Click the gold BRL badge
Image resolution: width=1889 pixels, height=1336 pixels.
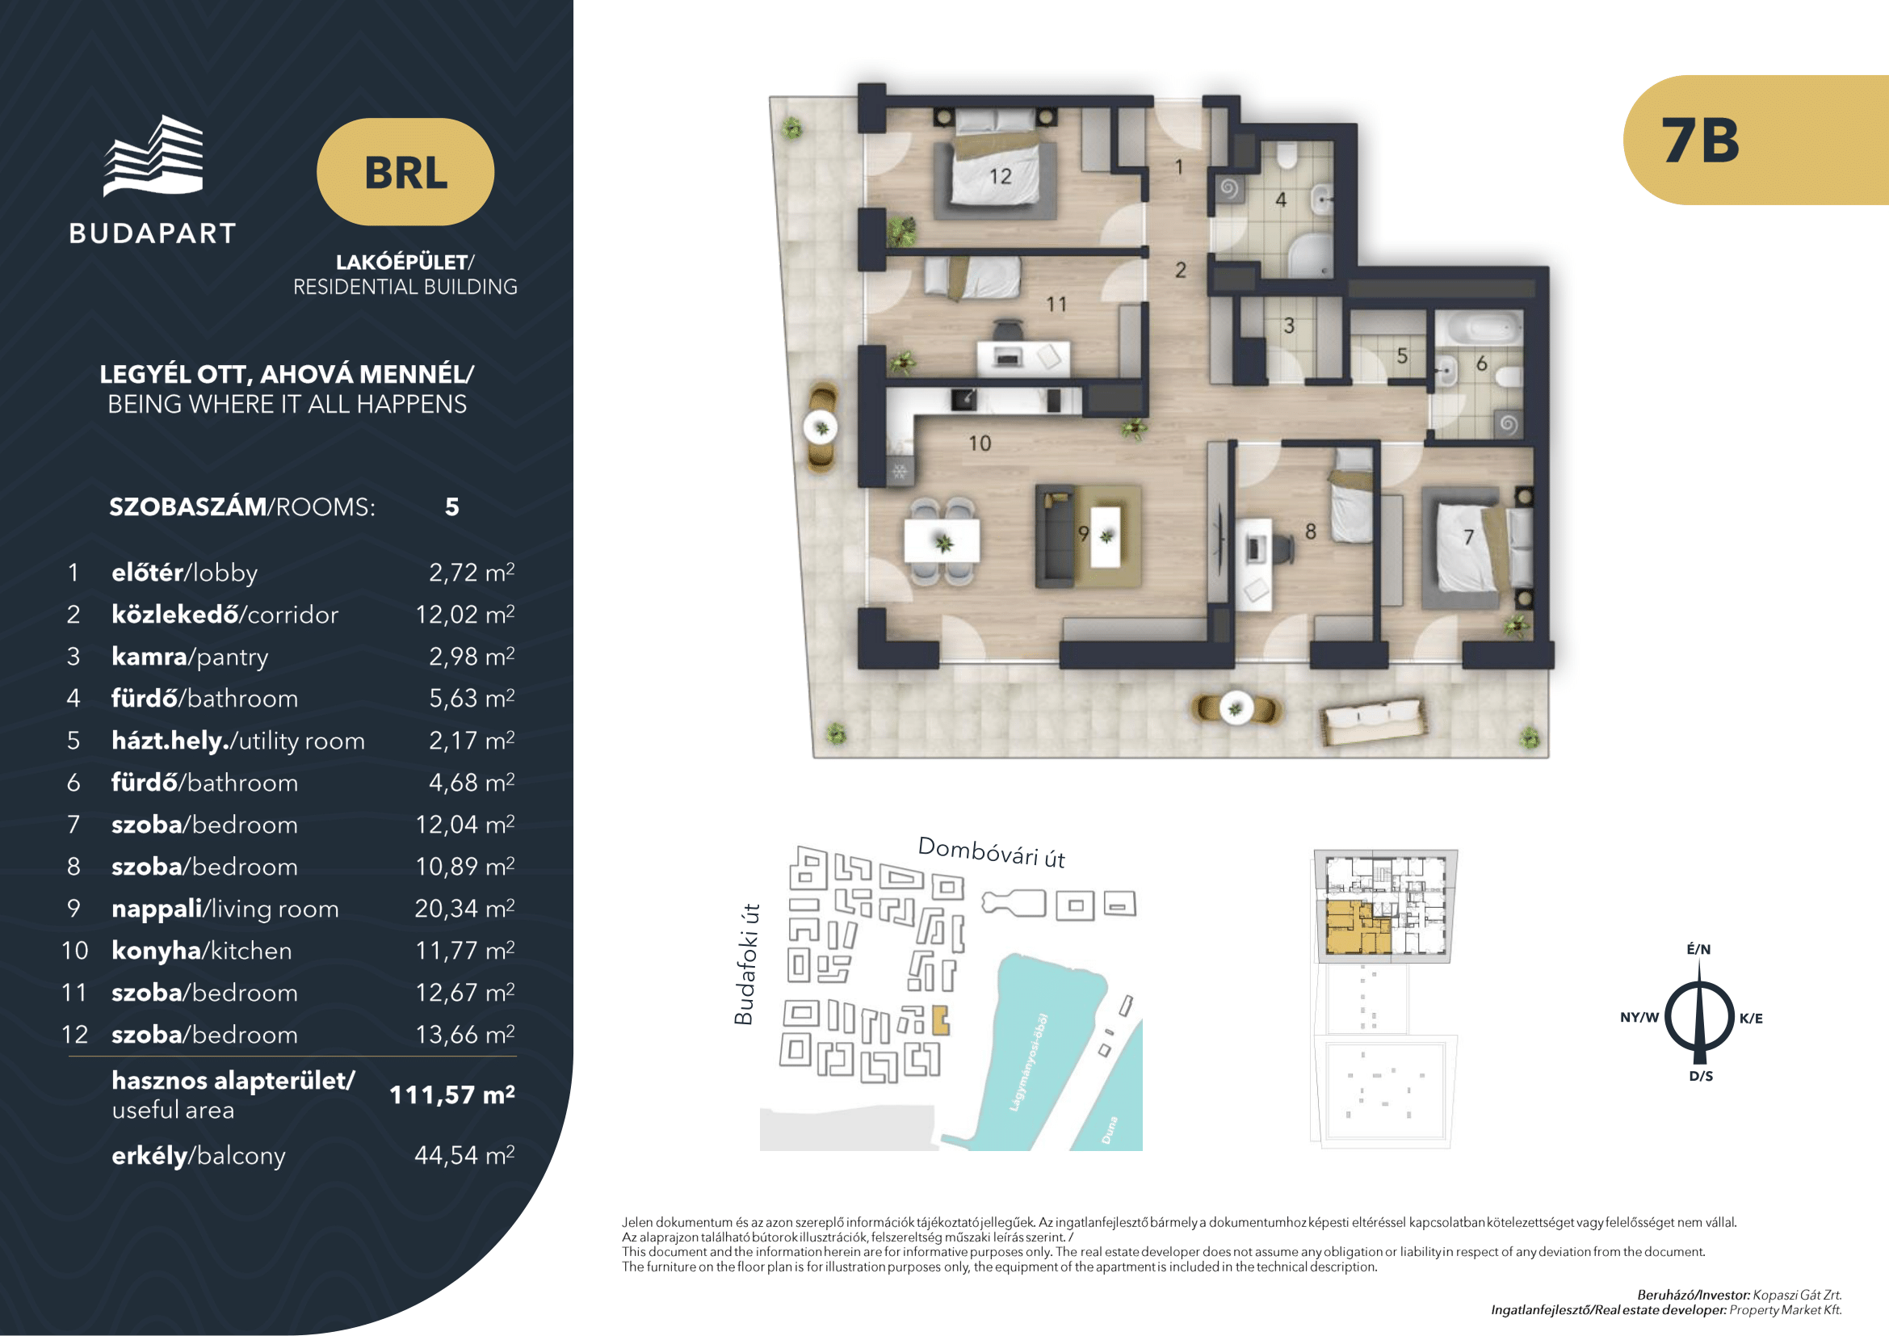[x=405, y=172]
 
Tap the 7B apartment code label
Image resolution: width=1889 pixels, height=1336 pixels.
[x=1700, y=140]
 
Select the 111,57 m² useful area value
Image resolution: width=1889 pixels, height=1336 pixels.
[x=451, y=1094]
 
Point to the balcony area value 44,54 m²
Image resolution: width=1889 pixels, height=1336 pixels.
[x=464, y=1155]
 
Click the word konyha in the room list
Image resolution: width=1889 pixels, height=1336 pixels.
[x=157, y=951]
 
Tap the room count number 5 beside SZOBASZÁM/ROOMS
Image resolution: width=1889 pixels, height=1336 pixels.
[x=451, y=506]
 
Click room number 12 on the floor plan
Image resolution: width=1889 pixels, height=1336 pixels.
[x=1000, y=177]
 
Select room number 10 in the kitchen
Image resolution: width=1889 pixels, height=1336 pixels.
[x=979, y=443]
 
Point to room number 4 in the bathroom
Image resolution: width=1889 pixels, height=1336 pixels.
[x=1281, y=200]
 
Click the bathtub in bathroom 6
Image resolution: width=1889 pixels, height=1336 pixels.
[x=1479, y=329]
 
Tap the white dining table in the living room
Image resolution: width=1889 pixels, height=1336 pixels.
[x=942, y=541]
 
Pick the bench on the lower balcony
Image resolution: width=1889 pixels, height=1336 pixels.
[x=1373, y=721]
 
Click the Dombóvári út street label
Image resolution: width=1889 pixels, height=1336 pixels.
[x=992, y=852]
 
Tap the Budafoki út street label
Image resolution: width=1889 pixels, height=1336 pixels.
[x=745, y=964]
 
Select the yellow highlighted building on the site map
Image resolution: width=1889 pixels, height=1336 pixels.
[x=941, y=1020]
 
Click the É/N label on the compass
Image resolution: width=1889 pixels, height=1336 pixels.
[x=1699, y=949]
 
